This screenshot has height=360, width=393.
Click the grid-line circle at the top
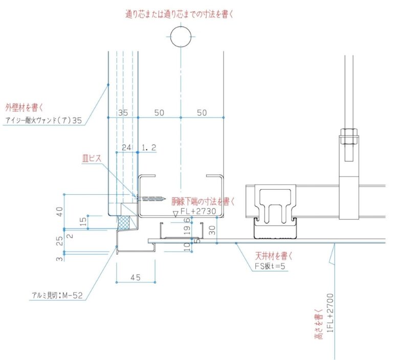[180, 38]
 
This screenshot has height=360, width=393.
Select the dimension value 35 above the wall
[122, 112]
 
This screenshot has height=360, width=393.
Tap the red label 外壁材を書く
[24, 107]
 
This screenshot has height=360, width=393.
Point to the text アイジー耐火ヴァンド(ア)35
[43, 121]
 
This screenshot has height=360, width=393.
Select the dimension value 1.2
[148, 147]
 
